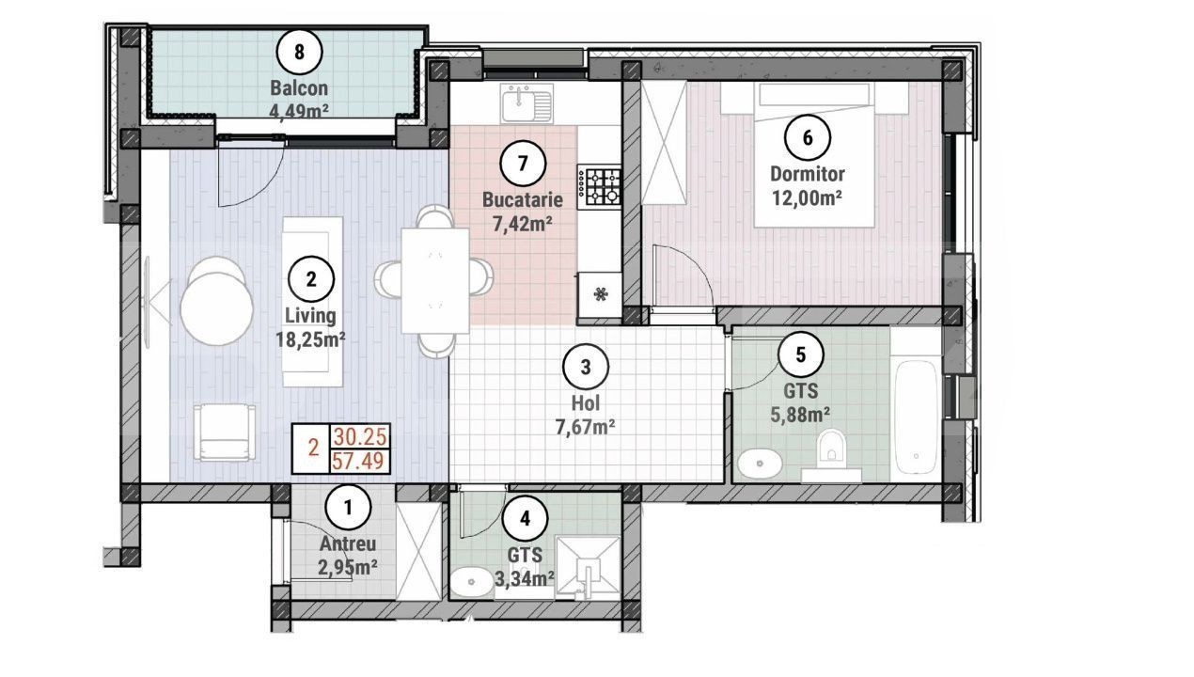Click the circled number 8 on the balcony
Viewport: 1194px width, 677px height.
pos(299,53)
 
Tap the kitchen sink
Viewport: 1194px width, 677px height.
pos(526,103)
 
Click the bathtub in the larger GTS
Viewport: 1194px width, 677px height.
pos(916,417)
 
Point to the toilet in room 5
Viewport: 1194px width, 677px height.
pos(831,453)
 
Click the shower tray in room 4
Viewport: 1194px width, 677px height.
pos(588,567)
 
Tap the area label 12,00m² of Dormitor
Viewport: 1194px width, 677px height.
pos(807,198)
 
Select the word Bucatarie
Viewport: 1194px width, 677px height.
pos(523,200)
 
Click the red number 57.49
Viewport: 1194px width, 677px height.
pos(357,462)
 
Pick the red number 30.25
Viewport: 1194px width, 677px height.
pos(360,437)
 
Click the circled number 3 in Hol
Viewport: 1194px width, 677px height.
pos(586,368)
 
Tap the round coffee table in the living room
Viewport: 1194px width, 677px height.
pos(216,308)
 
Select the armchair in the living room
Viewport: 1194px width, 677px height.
pos(224,433)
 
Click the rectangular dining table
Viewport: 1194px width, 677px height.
pos(435,281)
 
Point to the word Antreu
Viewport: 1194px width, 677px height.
pos(348,543)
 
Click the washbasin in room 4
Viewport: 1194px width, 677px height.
pos(472,582)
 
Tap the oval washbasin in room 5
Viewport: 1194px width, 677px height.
pos(760,464)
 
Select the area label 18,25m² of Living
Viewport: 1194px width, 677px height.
pos(310,339)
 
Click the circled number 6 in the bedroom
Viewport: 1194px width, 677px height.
pos(807,138)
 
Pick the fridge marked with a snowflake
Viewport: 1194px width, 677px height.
pos(600,294)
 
